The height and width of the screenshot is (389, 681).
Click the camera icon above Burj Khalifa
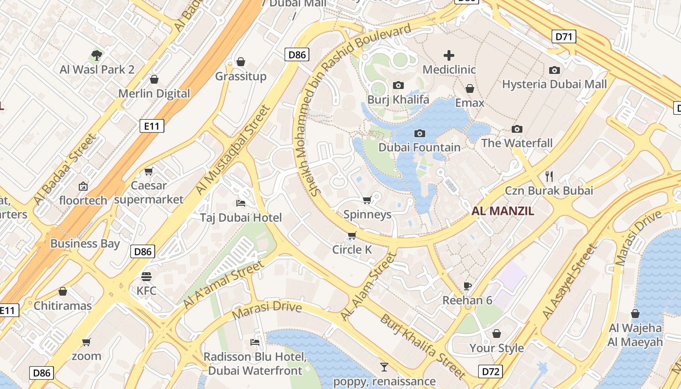point(398,86)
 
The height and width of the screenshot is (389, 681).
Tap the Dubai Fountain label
point(419,147)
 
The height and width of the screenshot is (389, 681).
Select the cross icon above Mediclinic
point(448,55)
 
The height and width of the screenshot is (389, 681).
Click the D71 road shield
point(564,36)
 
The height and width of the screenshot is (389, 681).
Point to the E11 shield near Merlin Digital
point(152,126)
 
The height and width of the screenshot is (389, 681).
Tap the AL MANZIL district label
point(503,211)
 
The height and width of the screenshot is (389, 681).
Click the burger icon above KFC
point(146,277)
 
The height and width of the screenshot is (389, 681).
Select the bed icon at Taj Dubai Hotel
point(240,203)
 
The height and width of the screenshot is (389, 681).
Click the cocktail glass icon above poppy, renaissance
point(384,367)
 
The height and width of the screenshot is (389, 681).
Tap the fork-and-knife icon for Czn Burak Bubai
point(550,176)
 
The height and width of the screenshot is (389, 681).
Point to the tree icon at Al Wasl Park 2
point(97,55)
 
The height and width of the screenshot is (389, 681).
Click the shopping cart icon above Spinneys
point(367,200)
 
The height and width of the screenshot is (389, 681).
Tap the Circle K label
point(352,250)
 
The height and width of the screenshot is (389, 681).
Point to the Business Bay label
point(85,244)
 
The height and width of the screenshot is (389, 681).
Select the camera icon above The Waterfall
point(517,129)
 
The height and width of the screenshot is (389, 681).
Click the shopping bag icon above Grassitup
point(240,62)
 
